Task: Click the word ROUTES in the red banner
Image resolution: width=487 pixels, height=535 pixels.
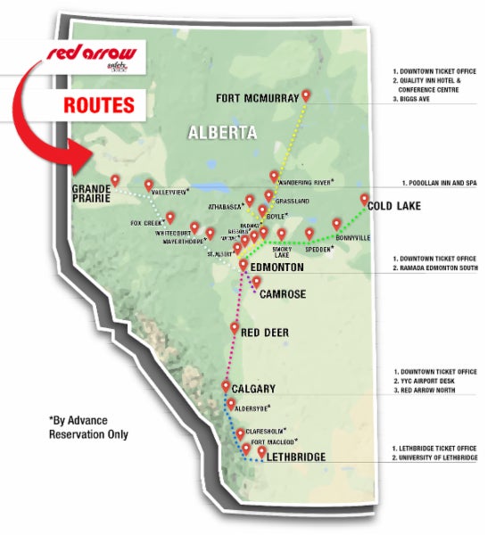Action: coord(99,104)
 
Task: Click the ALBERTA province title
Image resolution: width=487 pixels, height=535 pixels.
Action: coord(222,133)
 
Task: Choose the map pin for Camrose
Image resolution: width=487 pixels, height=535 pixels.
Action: coord(257,283)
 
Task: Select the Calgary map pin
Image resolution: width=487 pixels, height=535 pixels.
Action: coord(226,386)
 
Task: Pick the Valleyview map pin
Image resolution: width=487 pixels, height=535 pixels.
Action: coord(149,185)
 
